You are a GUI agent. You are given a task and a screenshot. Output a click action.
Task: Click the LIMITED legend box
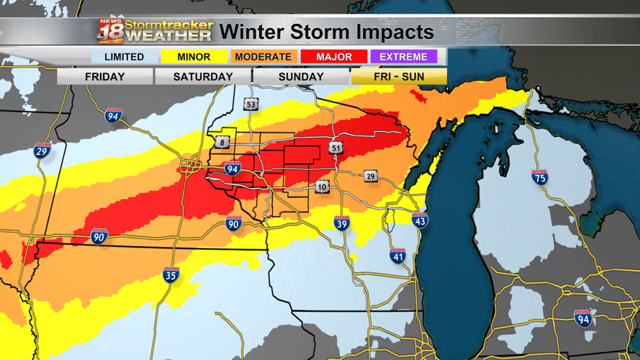click(x=124, y=57)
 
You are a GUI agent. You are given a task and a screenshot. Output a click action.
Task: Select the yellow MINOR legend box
click(x=194, y=57)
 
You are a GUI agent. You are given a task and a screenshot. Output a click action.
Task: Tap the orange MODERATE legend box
click(x=263, y=57)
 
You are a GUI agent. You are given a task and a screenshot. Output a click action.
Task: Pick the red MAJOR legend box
click(x=334, y=57)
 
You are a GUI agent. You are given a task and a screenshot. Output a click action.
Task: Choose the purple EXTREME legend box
click(x=404, y=57)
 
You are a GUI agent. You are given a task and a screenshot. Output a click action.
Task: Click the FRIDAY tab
click(x=105, y=76)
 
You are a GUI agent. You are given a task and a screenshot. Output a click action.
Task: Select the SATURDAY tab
click(x=203, y=76)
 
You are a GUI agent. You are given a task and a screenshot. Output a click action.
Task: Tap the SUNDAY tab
click(x=301, y=76)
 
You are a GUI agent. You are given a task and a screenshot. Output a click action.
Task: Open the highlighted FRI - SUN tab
click(x=399, y=76)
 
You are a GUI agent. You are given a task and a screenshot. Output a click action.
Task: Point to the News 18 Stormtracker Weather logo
click(x=156, y=31)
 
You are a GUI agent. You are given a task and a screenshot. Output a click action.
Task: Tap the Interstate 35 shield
click(x=171, y=274)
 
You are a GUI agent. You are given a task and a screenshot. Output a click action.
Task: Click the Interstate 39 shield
click(x=341, y=222)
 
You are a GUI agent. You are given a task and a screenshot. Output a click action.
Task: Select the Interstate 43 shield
click(x=420, y=220)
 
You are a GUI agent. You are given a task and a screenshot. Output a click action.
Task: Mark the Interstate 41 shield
click(x=397, y=255)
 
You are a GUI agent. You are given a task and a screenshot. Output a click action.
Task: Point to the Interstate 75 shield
click(x=540, y=178)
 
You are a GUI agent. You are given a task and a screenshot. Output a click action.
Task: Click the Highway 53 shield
click(x=251, y=104)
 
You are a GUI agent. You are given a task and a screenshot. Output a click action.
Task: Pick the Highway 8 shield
click(x=222, y=143)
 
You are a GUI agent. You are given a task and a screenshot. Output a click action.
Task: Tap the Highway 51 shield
click(x=336, y=148)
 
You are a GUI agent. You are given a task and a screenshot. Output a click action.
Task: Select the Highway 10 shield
click(x=322, y=187)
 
